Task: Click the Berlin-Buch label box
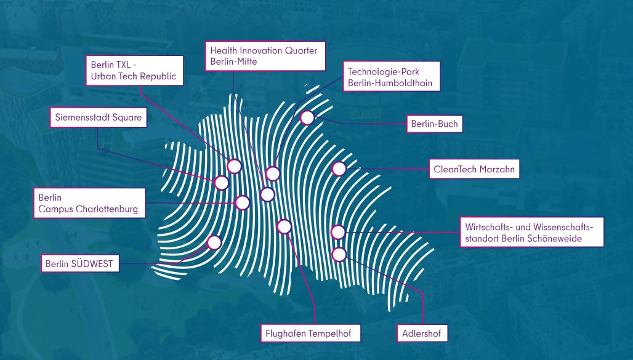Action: point(434,124)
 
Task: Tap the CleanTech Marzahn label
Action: point(474,169)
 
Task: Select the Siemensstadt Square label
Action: point(99,118)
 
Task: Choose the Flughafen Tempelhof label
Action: point(310,334)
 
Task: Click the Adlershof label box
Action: point(422,334)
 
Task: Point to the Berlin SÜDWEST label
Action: point(80,263)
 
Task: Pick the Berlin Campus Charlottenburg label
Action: point(89,203)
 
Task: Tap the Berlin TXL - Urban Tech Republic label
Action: point(134,71)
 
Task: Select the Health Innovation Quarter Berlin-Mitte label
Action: point(265,56)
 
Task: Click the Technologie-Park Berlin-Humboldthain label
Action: point(391,76)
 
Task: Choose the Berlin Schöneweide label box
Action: point(531,232)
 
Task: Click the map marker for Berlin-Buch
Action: point(307,118)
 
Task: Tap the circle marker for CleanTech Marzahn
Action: point(339,169)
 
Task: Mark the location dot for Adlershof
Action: point(339,254)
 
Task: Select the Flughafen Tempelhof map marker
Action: point(284,227)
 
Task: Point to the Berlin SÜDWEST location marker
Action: point(214,242)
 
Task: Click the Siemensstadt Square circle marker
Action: point(222,183)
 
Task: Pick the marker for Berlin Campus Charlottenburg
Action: point(242,202)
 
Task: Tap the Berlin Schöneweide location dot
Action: point(338,232)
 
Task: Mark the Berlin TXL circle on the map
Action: point(234,166)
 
